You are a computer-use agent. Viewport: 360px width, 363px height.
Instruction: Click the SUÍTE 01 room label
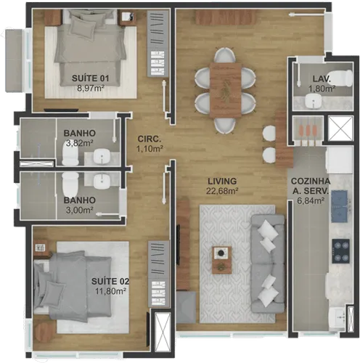[90, 78]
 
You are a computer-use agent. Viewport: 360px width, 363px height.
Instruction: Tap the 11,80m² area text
[110, 290]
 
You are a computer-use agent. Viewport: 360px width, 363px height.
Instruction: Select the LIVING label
[222, 181]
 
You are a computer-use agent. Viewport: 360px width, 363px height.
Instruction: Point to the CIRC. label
[150, 139]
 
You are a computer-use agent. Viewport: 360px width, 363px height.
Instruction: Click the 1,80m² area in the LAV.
[322, 89]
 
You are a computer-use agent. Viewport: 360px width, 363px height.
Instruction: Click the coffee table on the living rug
[222, 260]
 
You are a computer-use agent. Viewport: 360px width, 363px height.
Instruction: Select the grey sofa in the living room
[268, 264]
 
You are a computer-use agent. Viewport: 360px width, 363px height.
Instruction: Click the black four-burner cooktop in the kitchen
[340, 251]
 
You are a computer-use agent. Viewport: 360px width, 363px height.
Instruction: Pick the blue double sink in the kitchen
[340, 206]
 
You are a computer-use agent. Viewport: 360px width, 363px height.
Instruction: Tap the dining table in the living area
[226, 90]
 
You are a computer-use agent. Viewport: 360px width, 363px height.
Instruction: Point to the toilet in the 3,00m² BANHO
[70, 184]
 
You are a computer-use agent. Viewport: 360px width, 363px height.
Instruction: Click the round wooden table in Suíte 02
[44, 332]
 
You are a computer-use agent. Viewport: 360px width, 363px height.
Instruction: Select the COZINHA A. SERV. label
[311, 186]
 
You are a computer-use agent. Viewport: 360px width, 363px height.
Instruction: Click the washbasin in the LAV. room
[314, 101]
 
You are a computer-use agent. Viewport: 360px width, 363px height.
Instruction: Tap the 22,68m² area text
[222, 191]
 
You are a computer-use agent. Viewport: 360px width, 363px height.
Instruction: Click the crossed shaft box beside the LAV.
[340, 129]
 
